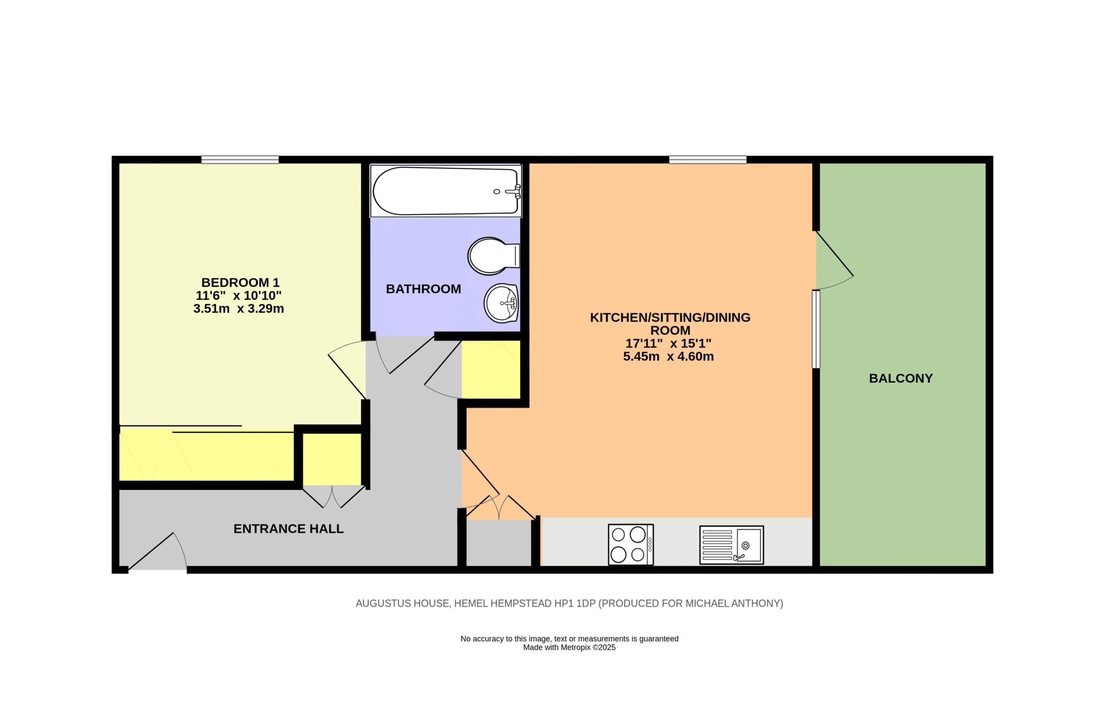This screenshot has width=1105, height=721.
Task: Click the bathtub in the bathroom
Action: pos(446,191)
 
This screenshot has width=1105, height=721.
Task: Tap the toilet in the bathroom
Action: pos(493,256)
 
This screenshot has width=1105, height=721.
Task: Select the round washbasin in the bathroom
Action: pos(501,303)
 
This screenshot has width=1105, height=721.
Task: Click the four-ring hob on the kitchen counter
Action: pos(631,544)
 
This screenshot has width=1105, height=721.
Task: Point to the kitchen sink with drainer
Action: pos(732,545)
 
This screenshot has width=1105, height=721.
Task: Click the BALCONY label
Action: pos(901,378)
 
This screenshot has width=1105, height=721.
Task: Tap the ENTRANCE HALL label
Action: pos(288,529)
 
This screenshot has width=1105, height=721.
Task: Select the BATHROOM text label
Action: pos(423,289)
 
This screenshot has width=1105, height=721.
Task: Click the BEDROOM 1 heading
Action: pos(240,283)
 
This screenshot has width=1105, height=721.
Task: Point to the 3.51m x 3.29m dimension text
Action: pos(239,308)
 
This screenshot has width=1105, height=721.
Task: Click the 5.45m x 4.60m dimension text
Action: pos(668,356)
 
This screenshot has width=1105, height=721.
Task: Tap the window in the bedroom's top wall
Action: pos(240,160)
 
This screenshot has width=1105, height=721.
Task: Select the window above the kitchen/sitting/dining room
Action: pos(707,160)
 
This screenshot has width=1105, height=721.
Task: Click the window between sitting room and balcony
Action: pos(816,329)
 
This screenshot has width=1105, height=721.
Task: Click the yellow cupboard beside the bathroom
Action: pos(491,369)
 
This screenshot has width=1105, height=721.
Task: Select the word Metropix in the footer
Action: pos(575,648)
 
